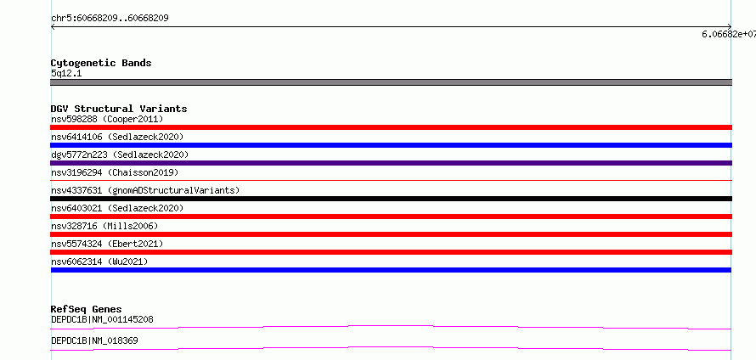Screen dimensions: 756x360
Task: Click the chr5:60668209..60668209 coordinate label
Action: click(x=110, y=19)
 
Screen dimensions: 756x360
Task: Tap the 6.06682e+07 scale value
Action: click(x=729, y=34)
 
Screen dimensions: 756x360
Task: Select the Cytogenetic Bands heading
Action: click(x=101, y=63)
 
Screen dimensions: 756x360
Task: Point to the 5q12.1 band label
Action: click(x=66, y=73)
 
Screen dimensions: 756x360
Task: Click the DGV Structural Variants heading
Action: click(x=119, y=109)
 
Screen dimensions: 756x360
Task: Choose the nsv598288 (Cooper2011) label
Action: click(x=107, y=119)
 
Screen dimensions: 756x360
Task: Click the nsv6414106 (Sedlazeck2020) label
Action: click(x=117, y=137)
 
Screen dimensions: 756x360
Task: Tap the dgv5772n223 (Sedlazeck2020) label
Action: click(x=120, y=155)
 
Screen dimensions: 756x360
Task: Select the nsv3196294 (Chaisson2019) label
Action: click(x=115, y=172)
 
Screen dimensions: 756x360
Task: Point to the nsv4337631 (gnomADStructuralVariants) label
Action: click(x=145, y=190)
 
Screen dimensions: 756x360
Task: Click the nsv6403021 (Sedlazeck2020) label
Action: click(x=117, y=208)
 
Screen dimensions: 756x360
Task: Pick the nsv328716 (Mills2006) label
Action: click(x=104, y=226)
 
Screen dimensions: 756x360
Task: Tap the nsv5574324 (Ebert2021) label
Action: click(x=107, y=244)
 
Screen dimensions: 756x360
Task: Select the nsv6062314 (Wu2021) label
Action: click(x=99, y=262)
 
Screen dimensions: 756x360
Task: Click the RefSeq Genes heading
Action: click(x=87, y=309)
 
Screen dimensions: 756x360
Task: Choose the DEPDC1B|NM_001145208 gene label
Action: click(x=102, y=319)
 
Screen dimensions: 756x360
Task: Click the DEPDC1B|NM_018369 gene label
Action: click(x=94, y=340)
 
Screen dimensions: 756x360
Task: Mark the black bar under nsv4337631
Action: click(x=391, y=199)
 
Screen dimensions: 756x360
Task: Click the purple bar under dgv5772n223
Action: click(x=391, y=163)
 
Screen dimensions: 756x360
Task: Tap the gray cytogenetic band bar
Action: click(x=391, y=82)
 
